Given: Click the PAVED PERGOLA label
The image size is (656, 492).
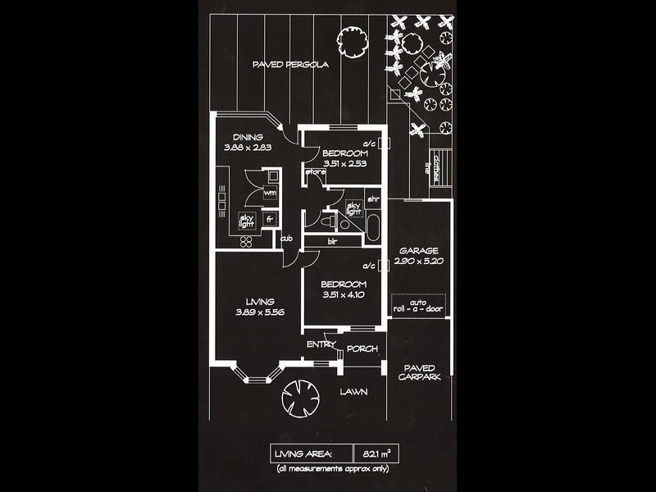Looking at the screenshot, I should [290, 65].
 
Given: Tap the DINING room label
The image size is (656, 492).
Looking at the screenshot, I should [247, 137].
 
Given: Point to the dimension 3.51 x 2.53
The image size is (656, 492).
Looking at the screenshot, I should [344, 163].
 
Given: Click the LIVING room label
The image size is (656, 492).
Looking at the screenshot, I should [260, 302].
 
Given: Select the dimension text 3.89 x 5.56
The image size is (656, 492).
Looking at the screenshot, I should [260, 312].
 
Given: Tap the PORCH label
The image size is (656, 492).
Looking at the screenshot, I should [362, 348].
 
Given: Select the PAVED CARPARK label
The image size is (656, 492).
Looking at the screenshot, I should [419, 372].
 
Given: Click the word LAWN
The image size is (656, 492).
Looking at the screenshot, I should [353, 392].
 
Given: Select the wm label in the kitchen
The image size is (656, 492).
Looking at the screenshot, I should [269, 194].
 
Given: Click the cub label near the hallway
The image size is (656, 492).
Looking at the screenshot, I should [287, 239].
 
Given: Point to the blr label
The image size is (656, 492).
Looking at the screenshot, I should [333, 241].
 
